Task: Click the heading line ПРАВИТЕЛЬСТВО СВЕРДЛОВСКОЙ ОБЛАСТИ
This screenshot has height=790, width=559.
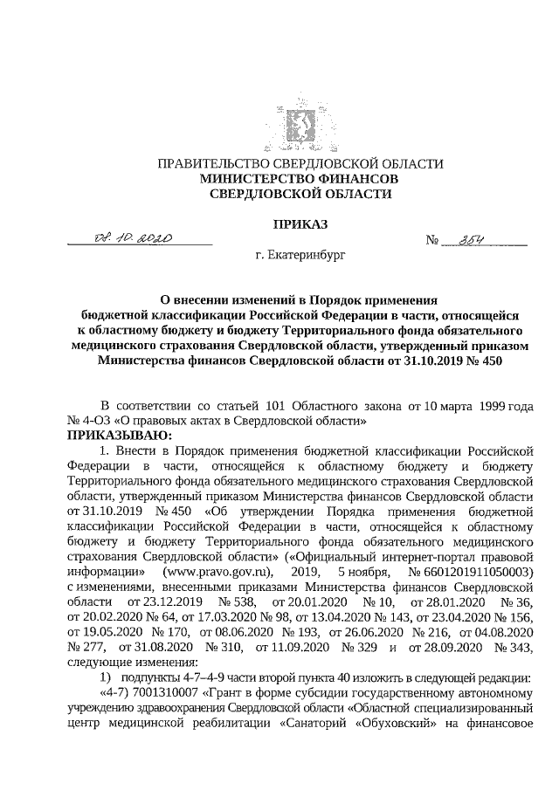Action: pos(300,164)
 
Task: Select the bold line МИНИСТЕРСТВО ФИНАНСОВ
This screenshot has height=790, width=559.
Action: pos(300,178)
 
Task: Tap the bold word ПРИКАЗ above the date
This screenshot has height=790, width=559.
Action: pos(300,224)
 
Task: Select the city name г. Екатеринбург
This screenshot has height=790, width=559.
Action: pos(300,258)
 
